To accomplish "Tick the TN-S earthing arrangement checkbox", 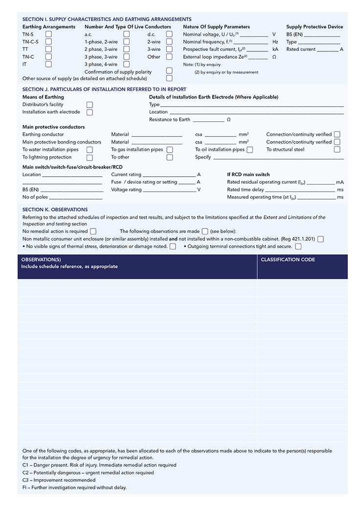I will (x=48, y=34).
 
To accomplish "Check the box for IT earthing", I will (x=48, y=64).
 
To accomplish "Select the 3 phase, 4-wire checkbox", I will (x=127, y=64).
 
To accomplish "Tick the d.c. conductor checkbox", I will (x=169, y=34).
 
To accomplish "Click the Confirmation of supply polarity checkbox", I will (x=169, y=71).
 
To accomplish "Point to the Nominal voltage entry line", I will (x=254, y=35).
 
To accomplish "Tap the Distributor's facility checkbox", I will (x=90, y=105).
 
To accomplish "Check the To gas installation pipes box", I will (x=170, y=150).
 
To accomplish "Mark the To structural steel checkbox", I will (x=337, y=150).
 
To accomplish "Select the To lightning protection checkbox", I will (x=90, y=158).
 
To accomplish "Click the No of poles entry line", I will (x=76, y=198).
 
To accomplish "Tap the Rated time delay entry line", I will (x=300, y=190).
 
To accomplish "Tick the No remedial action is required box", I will (x=93, y=231).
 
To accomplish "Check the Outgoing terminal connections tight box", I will (x=298, y=247).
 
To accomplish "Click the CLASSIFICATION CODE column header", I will (x=288, y=260).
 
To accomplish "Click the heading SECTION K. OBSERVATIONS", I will (x=55, y=209).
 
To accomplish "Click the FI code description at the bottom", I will (x=74, y=487).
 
